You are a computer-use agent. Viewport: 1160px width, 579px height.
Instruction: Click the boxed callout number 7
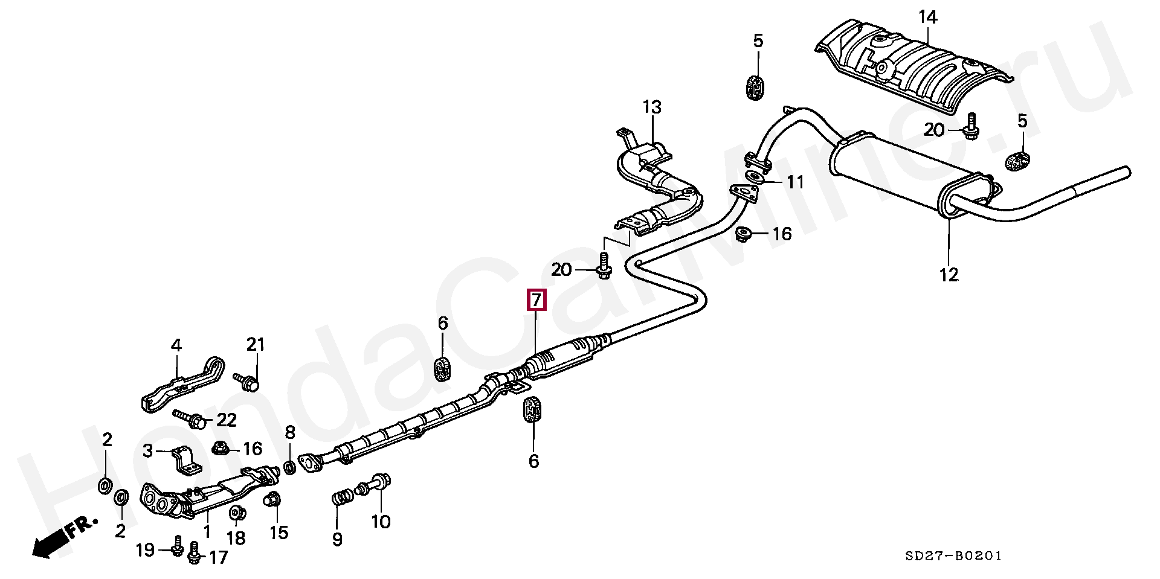click(x=536, y=299)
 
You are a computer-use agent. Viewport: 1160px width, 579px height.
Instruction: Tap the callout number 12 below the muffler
click(x=949, y=275)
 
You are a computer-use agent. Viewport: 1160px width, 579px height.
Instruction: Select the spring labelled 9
click(x=341, y=500)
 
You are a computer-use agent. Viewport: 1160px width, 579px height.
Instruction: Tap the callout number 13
click(x=652, y=107)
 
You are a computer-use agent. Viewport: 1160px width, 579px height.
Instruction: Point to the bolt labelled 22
click(x=188, y=418)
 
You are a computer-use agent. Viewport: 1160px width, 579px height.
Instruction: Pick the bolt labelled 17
click(x=195, y=552)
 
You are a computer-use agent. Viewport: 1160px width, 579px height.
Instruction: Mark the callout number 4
click(x=176, y=345)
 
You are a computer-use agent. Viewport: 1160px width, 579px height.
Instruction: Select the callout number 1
click(x=207, y=532)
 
